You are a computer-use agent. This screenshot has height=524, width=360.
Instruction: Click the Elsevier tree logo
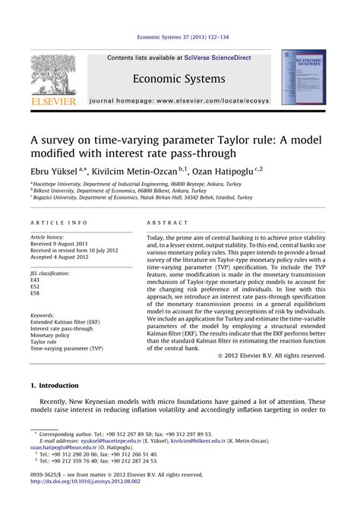tap(52, 75)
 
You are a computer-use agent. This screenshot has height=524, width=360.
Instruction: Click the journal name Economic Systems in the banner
tap(179, 80)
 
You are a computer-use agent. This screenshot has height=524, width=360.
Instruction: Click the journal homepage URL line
tap(178, 100)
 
